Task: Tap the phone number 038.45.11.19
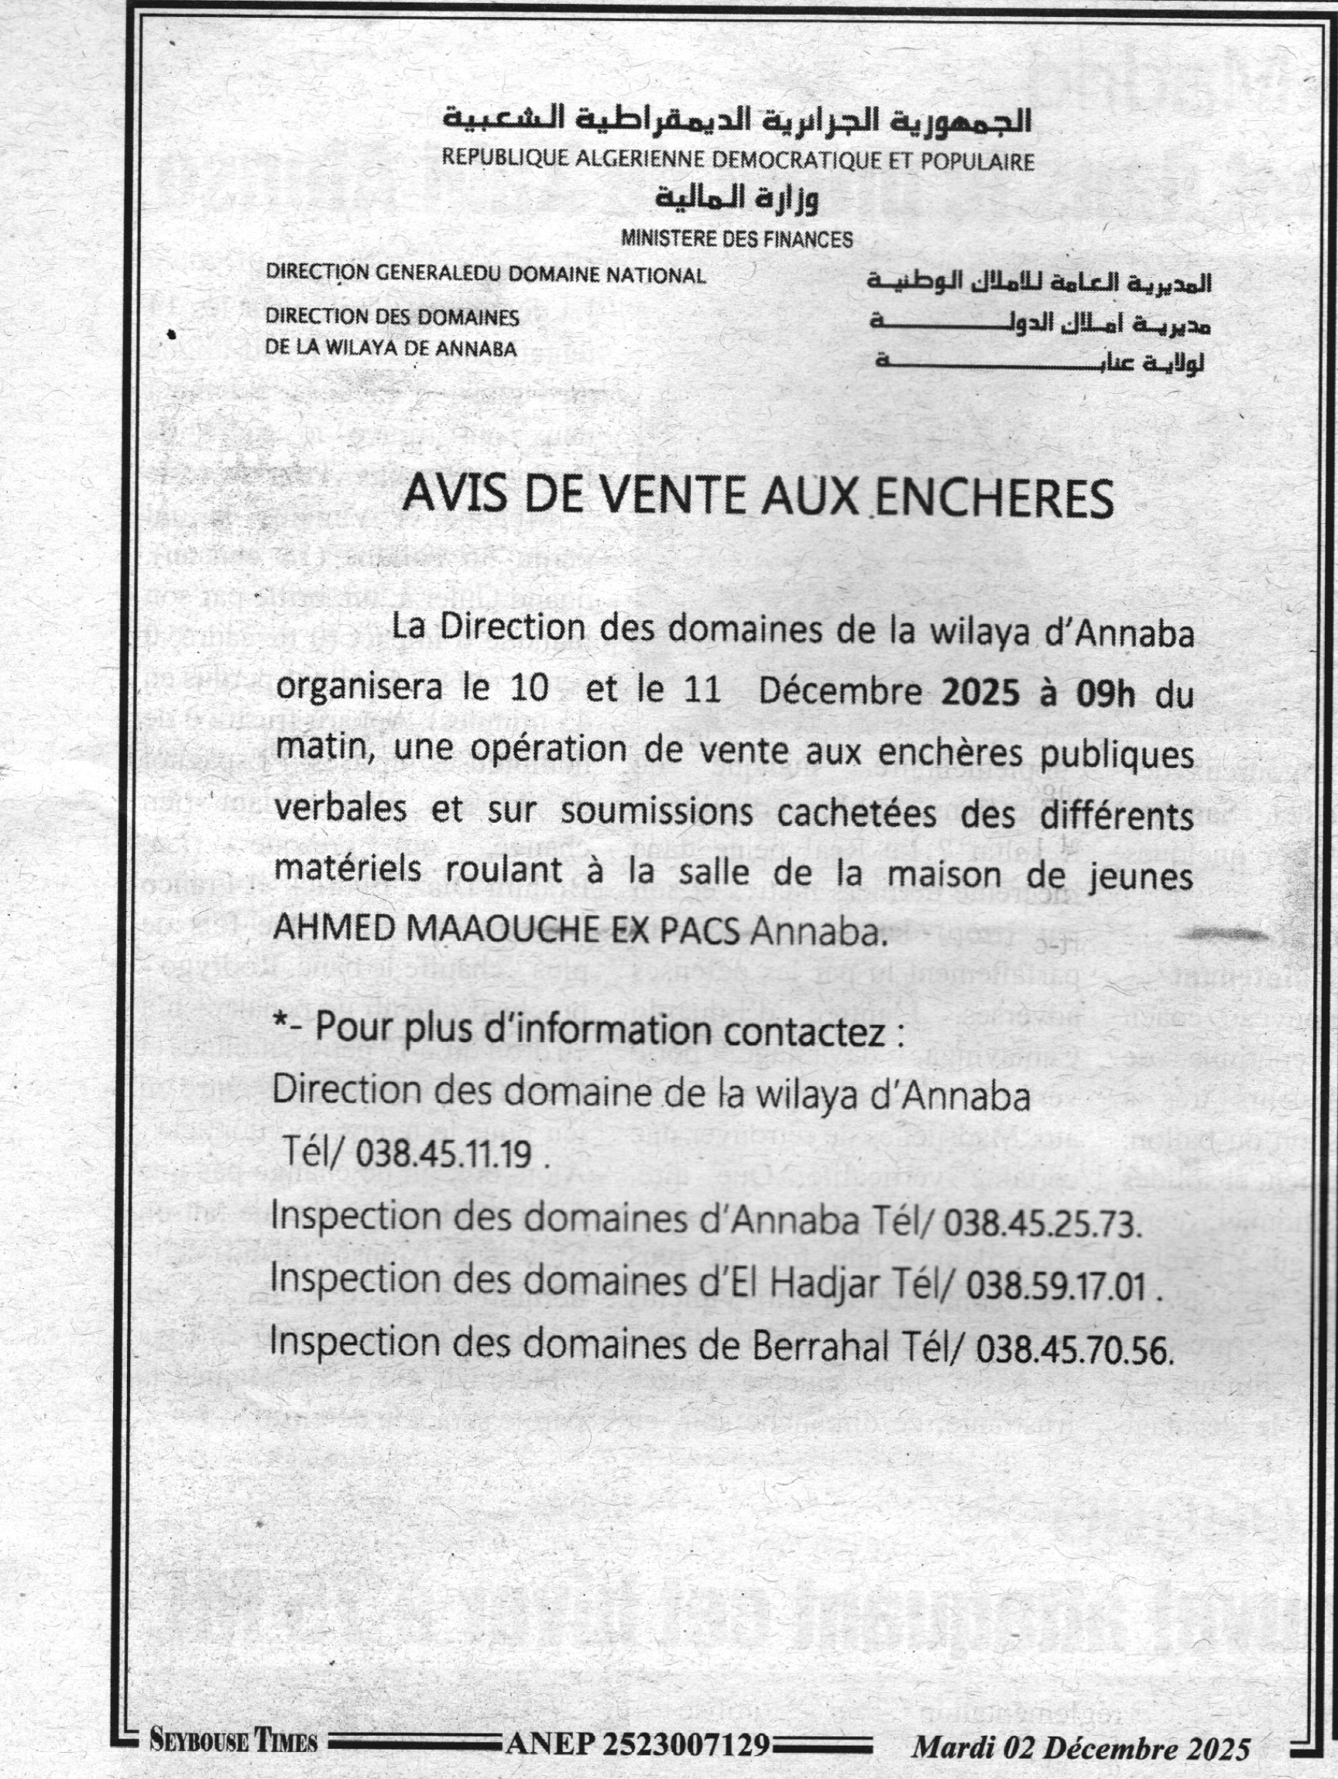442,1155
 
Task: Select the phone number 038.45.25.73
1043,1225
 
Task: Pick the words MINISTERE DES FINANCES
736,239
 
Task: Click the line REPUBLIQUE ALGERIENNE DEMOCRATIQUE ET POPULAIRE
738,160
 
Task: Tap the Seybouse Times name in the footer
233,1742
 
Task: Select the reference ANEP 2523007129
640,1743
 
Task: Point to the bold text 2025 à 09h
1038,694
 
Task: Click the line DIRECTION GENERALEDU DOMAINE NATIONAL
486,275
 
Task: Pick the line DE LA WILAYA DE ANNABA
391,349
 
